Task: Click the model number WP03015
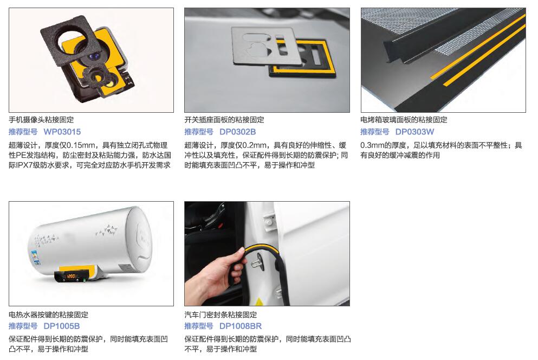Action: [x=62, y=132]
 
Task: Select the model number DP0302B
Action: [x=237, y=132]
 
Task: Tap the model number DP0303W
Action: [x=414, y=132]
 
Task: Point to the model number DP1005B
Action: [x=61, y=326]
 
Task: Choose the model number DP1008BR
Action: [x=241, y=326]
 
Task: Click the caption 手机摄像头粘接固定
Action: [x=41, y=120]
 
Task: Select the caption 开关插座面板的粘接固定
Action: [x=224, y=120]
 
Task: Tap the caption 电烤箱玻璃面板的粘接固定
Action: [x=404, y=120]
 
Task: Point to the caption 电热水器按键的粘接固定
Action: [x=48, y=314]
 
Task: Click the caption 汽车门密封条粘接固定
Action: [x=221, y=314]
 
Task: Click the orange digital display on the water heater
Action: [x=71, y=276]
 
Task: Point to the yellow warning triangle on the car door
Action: [x=259, y=302]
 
